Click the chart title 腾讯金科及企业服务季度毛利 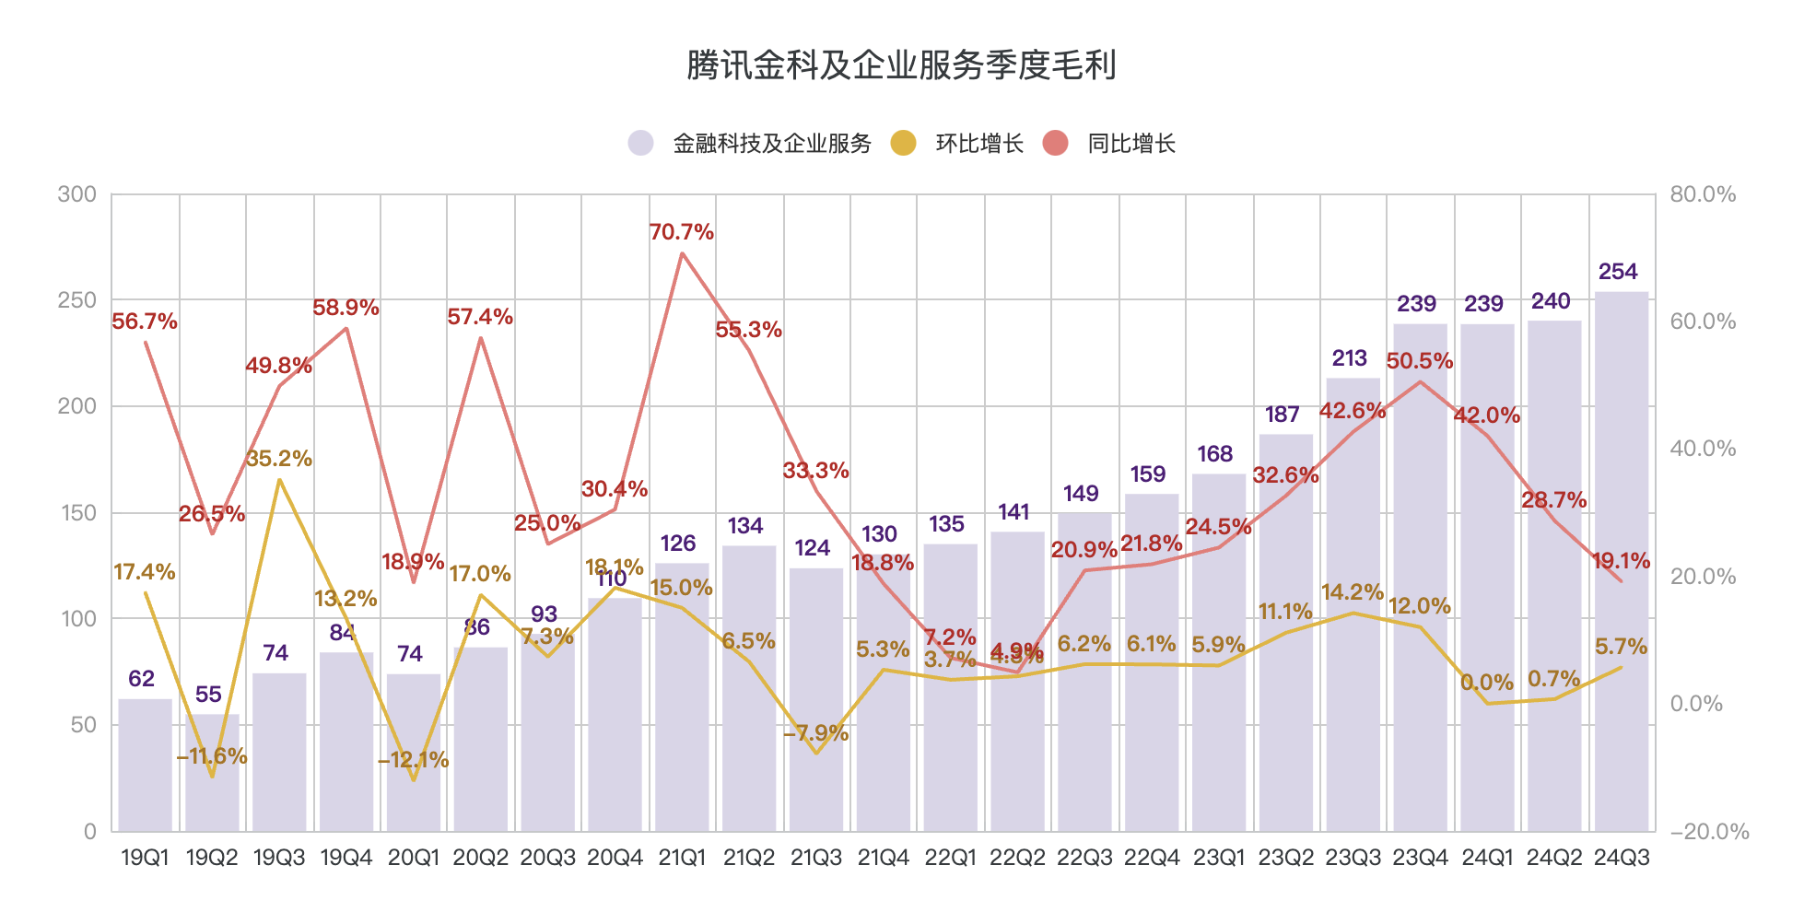coord(901,65)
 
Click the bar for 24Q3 coord(1622,562)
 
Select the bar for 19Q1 coord(145,765)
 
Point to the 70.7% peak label coord(681,232)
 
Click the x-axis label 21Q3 coord(816,858)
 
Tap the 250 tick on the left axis coord(76,300)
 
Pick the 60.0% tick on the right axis coord(1703,322)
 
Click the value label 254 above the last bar coord(1618,272)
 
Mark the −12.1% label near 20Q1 coord(413,760)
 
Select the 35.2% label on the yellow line coord(279,459)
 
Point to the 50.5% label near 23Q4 coord(1419,361)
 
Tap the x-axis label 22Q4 coord(1152,858)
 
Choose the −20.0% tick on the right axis coord(1709,832)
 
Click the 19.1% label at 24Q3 coord(1621,561)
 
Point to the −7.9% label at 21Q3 coord(816,733)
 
